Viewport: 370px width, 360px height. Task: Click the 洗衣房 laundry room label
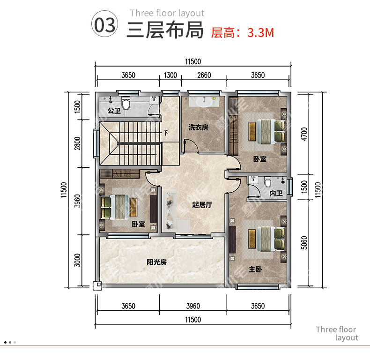[198, 127]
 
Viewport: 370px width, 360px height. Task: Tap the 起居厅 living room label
[202, 204]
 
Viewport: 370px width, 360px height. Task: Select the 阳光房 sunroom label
[157, 262]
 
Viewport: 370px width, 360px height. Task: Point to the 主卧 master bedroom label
[255, 269]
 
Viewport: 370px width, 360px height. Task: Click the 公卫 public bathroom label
[114, 110]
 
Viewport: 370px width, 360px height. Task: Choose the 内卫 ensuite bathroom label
[276, 194]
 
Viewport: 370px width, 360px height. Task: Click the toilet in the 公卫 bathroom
[126, 104]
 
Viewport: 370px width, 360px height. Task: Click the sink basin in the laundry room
[204, 102]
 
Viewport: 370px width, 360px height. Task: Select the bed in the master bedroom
[266, 239]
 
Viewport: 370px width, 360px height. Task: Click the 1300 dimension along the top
[170, 75]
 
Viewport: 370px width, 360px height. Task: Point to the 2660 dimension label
[204, 75]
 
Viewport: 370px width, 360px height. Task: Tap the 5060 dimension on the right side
[304, 243]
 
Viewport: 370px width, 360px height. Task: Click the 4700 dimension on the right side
[304, 134]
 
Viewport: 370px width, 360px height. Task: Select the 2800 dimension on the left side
[77, 143]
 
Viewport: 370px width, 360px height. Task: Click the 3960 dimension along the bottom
[193, 306]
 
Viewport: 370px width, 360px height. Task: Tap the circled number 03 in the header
[105, 24]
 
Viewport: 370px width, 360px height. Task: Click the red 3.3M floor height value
[261, 33]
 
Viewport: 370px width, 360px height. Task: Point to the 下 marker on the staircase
[166, 133]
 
